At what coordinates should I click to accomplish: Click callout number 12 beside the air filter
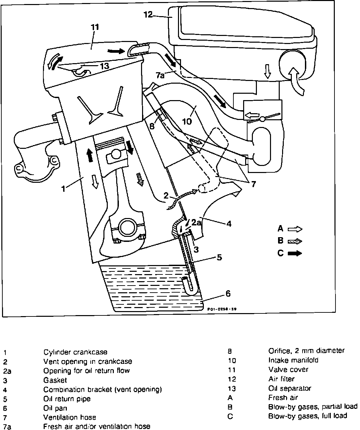148,14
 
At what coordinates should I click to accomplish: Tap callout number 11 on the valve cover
95,27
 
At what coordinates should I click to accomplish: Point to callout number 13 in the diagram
104,66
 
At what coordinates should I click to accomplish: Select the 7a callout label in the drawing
160,75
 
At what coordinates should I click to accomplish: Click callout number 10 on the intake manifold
187,121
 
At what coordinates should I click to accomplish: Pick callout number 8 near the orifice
152,127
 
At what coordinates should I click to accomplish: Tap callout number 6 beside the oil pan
228,294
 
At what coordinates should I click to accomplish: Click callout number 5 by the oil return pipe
219,257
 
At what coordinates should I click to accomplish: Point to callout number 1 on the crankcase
63,188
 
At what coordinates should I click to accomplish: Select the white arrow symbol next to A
295,229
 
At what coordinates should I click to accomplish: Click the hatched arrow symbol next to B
295,241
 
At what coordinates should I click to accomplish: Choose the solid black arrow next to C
295,253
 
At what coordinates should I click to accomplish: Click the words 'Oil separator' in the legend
289,388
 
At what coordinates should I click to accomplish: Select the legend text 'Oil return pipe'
67,399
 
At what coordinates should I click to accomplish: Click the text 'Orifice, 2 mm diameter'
306,351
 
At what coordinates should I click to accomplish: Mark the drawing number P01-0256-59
222,310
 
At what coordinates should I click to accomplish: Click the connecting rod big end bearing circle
127,228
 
